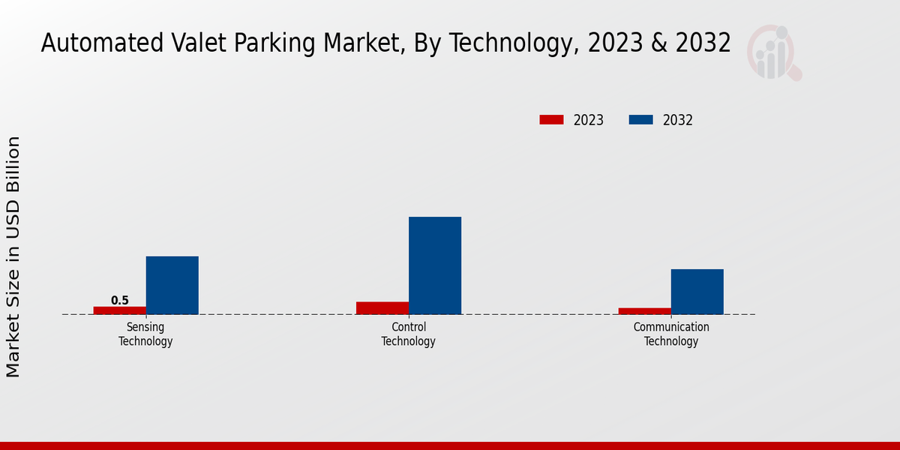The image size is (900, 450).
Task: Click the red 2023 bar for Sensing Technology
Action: point(120,310)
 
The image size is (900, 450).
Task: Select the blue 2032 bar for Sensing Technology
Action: point(172,285)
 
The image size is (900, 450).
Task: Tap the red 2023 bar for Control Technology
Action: point(382,307)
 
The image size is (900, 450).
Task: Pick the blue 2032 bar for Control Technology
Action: point(435,265)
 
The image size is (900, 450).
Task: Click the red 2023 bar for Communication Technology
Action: point(645,310)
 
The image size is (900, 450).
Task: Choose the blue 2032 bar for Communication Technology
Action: point(697,292)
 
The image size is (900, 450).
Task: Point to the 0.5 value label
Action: point(120,300)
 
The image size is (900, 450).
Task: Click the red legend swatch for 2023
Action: point(551,120)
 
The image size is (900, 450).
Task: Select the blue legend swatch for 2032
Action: point(640,120)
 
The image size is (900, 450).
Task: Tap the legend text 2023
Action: point(589,120)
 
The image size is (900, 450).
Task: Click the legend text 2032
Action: point(678,120)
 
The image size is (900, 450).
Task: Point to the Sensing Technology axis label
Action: point(145,334)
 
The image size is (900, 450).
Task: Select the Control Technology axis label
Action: point(409,334)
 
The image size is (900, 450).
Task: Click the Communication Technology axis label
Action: point(671,334)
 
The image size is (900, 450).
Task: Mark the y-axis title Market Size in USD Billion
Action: point(13,256)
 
